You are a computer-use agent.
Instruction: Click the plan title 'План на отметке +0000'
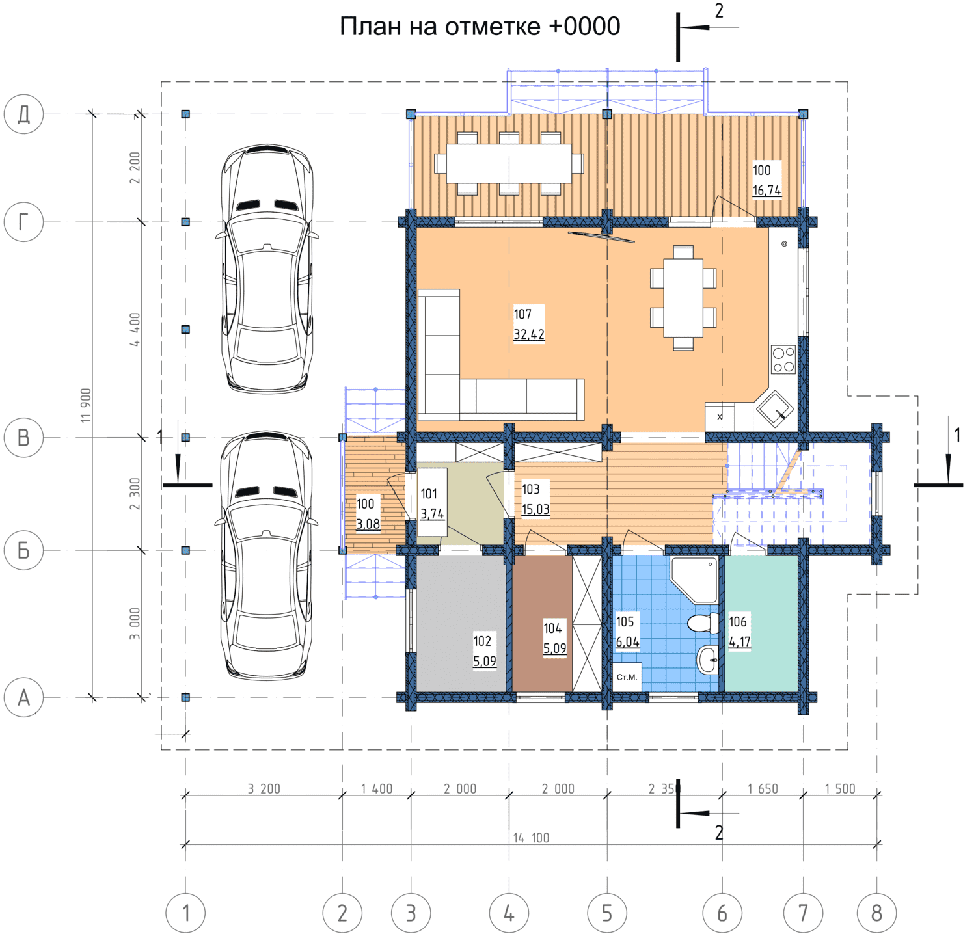click(x=480, y=27)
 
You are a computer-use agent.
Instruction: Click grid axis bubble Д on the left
click(x=24, y=114)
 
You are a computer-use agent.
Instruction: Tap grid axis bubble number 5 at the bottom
click(x=607, y=913)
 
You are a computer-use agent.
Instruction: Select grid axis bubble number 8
click(x=876, y=913)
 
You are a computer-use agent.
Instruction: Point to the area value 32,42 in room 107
click(x=529, y=335)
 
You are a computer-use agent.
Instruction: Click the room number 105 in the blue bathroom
click(x=625, y=622)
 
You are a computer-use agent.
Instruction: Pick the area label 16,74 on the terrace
click(x=767, y=191)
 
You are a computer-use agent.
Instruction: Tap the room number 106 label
click(x=738, y=622)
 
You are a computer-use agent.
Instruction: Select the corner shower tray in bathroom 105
click(x=694, y=579)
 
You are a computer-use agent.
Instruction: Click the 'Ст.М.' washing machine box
click(x=627, y=677)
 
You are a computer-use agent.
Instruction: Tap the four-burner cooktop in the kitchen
click(x=783, y=360)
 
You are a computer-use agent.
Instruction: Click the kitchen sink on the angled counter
click(x=774, y=408)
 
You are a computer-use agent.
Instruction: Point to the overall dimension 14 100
click(x=531, y=838)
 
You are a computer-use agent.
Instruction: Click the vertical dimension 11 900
click(x=86, y=405)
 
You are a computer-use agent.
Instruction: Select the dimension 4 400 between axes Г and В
click(x=135, y=330)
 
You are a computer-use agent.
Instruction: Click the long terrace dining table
click(x=509, y=163)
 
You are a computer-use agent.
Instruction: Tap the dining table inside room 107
click(x=683, y=298)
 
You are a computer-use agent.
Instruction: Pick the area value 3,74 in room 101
click(x=432, y=515)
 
